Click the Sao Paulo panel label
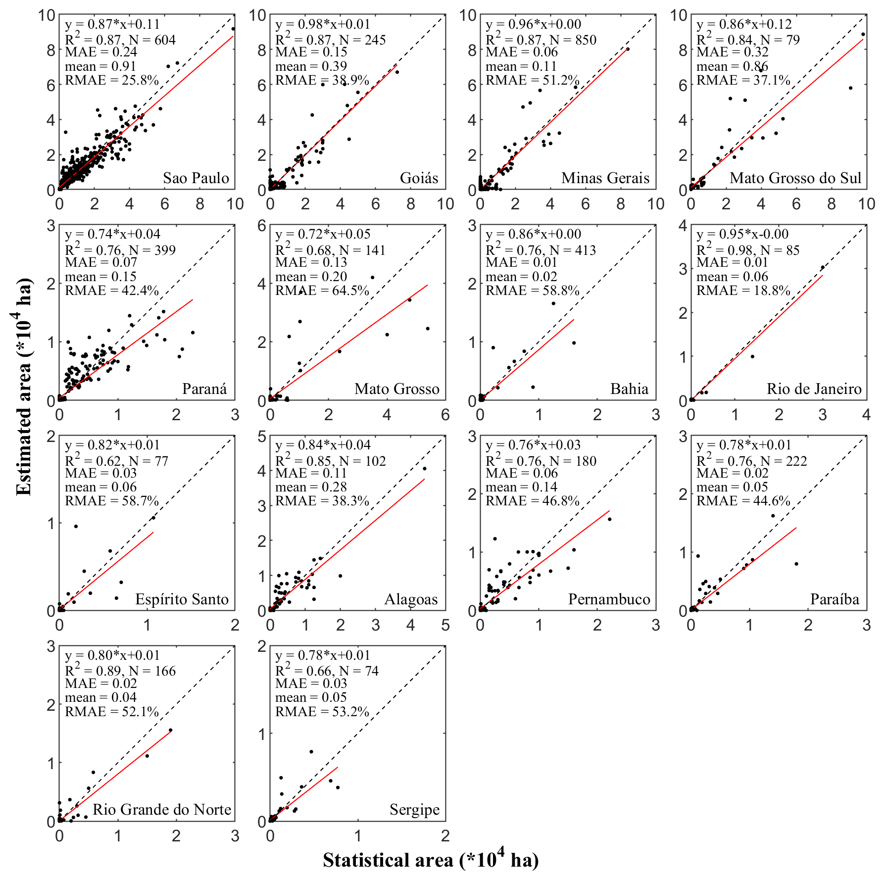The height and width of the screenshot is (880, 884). tap(196, 178)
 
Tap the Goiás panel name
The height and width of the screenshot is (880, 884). tap(419, 178)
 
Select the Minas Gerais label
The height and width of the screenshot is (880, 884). tap(605, 178)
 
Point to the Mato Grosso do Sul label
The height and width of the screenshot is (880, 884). tap(795, 178)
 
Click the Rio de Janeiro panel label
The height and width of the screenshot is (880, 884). tap(814, 389)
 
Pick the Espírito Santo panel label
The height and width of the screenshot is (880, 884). tap(182, 599)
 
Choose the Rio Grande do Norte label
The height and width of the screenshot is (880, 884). tap(162, 810)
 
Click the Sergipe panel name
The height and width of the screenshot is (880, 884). tap(414, 810)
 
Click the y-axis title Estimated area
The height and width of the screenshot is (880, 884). tap(24, 386)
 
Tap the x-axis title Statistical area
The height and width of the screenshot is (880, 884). tap(431, 860)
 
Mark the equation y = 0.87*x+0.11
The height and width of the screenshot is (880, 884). tap(112, 24)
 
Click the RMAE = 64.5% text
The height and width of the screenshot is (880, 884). tap(322, 291)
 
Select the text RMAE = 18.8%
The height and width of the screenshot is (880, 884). tap(743, 291)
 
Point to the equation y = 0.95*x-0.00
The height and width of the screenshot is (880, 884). tap(742, 234)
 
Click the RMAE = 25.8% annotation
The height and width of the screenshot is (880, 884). tap(112, 80)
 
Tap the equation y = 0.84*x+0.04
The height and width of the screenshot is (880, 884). tap(323, 445)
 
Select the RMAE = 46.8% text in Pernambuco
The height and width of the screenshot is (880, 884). tap(533, 501)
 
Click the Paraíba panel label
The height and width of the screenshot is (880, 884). tap(835, 599)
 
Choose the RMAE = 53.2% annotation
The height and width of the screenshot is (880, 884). tap(322, 712)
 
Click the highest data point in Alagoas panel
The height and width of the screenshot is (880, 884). tap(424, 468)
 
